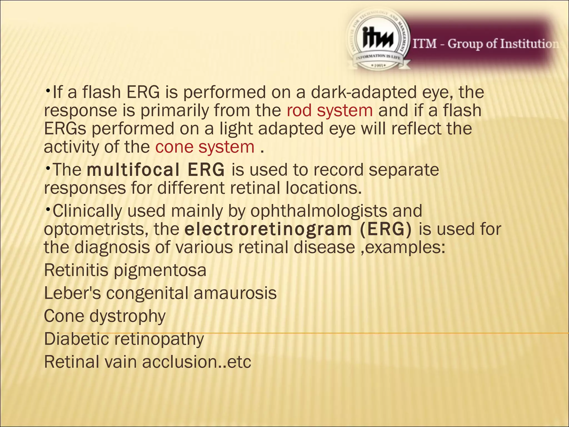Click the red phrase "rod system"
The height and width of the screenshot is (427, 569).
330,111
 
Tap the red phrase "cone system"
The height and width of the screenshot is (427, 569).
205,147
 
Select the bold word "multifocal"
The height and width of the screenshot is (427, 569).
133,170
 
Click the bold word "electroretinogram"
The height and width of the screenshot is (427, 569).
268,229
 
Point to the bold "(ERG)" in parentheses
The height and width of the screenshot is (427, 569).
386,229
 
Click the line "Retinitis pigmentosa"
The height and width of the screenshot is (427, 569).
125,270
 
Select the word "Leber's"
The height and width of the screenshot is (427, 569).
73,293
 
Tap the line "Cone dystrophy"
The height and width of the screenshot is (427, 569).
105,316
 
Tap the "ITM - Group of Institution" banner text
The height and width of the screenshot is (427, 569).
485,44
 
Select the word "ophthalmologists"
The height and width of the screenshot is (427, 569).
319,211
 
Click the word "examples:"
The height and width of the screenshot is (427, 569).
405,247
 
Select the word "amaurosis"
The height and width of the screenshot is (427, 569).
235,293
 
